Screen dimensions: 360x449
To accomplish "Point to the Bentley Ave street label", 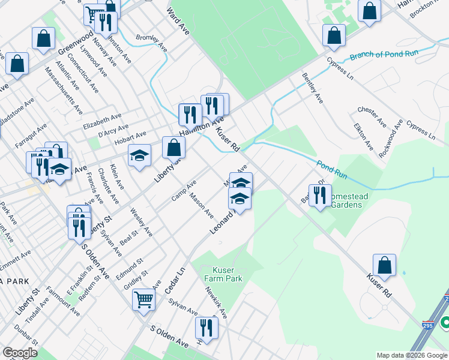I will (x=313, y=88).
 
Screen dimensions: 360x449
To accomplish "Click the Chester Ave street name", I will (x=372, y=117).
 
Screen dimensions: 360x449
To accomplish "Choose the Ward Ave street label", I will (x=178, y=21).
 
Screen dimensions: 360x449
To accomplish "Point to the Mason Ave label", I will (x=201, y=205).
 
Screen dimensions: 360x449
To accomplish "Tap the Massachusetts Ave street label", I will (x=64, y=91).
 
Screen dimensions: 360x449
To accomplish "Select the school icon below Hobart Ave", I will (x=139, y=157).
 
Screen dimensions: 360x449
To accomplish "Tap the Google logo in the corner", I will (x=20, y=353).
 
